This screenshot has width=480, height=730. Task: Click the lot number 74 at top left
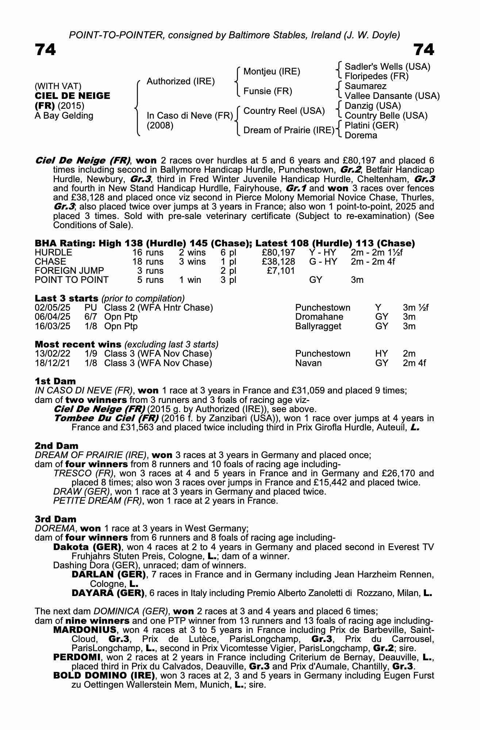tap(45, 50)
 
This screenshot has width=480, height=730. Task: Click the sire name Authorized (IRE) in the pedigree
tap(180, 81)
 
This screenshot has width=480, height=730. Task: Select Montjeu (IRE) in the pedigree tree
tap(272, 72)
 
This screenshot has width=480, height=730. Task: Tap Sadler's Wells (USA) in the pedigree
tap(387, 67)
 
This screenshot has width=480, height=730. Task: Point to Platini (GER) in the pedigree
tap(371, 126)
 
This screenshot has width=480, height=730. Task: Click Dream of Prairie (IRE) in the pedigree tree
tap(289, 130)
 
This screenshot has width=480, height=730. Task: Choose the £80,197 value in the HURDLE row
tap(279, 253)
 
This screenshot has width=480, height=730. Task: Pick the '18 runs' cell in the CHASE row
tap(147, 262)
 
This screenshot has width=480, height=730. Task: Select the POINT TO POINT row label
tap(72, 280)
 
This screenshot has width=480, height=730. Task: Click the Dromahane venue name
tap(319, 317)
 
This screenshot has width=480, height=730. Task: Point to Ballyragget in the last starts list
tap(318, 326)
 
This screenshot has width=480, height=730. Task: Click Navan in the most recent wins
tap(308, 363)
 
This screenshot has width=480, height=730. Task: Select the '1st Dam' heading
tap(55, 381)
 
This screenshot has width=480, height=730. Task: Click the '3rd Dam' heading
tap(55, 519)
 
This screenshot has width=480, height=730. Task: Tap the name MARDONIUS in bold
tap(85, 630)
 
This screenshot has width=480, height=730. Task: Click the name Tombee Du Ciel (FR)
tap(106, 418)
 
